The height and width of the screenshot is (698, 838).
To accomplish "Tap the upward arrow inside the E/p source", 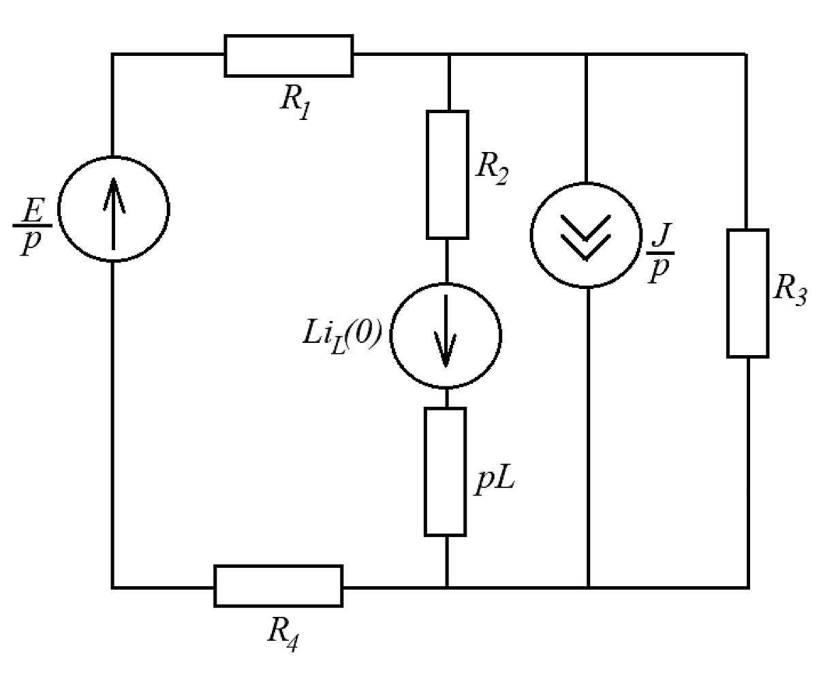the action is (114, 213).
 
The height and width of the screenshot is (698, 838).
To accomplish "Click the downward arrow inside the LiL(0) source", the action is (446, 331).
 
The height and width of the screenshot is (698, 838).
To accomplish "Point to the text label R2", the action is (492, 170).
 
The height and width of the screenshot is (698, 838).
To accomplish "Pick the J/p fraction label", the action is (660, 253).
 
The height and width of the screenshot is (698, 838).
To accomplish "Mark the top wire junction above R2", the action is (449, 54).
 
